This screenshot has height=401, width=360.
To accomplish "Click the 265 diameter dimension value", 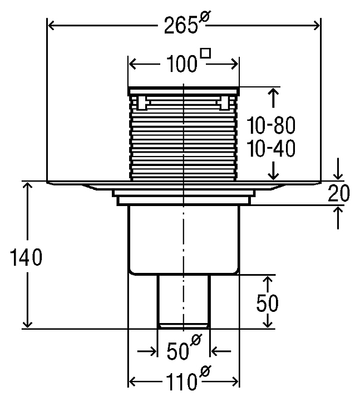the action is click(x=181, y=25).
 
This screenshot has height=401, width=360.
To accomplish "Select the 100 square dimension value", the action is click(x=181, y=63).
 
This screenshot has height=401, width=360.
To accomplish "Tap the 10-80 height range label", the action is click(x=271, y=125).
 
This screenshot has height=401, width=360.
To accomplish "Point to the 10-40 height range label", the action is click(x=271, y=148).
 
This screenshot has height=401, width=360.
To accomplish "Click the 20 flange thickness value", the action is click(x=338, y=193).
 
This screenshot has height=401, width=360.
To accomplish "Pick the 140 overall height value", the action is click(x=26, y=257).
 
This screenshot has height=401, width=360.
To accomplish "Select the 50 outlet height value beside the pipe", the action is click(x=267, y=303).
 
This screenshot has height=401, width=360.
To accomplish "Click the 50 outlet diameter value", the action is click(x=177, y=351).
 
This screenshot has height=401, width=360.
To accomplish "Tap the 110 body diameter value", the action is click(x=181, y=382).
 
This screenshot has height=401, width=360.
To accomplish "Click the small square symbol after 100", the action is click(x=206, y=53).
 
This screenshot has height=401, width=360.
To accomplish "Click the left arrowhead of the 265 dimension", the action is click(x=51, y=26).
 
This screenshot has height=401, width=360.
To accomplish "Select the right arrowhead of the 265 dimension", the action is click(x=317, y=26).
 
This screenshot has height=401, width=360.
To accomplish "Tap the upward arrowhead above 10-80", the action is click(x=274, y=91).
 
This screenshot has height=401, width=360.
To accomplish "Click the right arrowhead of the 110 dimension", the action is click(x=235, y=382).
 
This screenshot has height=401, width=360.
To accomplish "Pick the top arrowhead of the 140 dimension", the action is click(x=27, y=185).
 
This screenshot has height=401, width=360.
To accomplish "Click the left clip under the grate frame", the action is click(x=141, y=103).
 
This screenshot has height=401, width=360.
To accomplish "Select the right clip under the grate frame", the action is click(x=225, y=103).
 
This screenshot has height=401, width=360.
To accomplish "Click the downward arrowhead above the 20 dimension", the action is click(x=338, y=177).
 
